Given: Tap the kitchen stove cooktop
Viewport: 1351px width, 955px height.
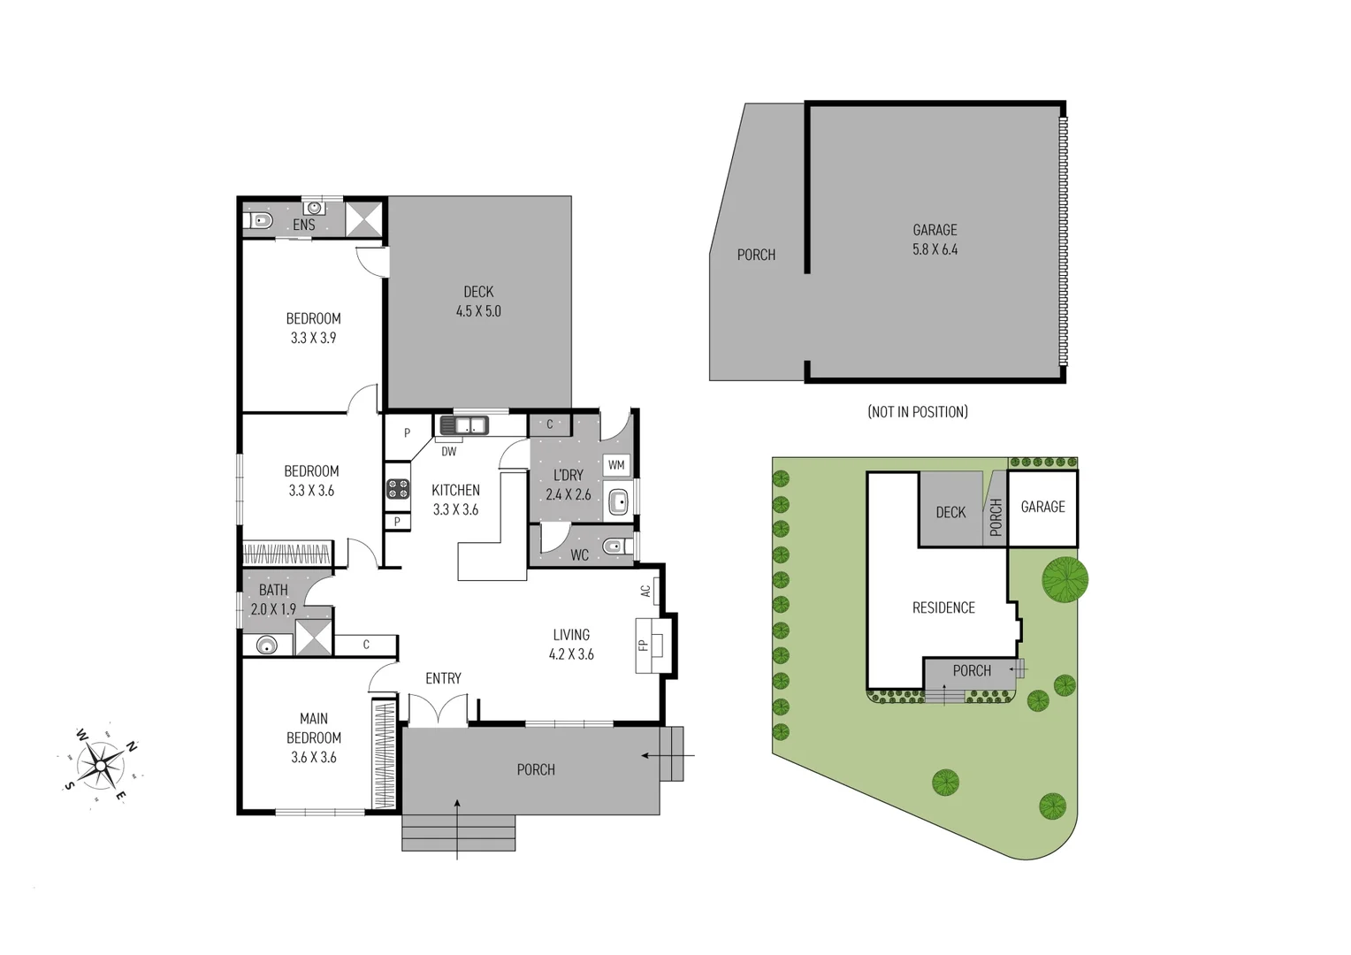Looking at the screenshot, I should (398, 489).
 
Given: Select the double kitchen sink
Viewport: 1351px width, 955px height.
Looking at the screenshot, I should (464, 425).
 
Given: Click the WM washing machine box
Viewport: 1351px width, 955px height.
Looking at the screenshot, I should (616, 465).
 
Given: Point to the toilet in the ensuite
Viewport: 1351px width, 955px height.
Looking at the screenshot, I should (260, 220).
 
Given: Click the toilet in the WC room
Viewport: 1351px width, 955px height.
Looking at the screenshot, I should (614, 547).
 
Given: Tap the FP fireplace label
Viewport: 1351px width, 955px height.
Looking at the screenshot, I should (644, 645).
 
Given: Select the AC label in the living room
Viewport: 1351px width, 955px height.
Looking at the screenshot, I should (646, 591).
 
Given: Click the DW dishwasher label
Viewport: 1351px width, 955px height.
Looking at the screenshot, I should (449, 452).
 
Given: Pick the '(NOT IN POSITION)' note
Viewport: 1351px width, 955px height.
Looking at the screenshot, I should (918, 412).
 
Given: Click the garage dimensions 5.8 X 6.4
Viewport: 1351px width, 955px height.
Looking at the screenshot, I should (935, 249).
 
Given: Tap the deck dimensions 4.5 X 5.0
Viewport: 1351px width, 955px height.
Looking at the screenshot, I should (478, 311).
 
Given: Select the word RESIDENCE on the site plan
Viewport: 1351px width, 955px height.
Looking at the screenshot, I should (943, 607).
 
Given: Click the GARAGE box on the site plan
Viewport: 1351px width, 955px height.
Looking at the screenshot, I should (1042, 508).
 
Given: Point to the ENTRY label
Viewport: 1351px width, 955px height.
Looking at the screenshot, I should (443, 678).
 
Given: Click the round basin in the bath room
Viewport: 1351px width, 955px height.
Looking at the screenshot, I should (266, 646).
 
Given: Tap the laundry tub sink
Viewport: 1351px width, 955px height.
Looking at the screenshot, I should (619, 502).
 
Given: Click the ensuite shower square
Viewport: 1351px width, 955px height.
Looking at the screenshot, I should (363, 218).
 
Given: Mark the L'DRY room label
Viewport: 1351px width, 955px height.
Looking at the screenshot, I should (568, 475).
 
